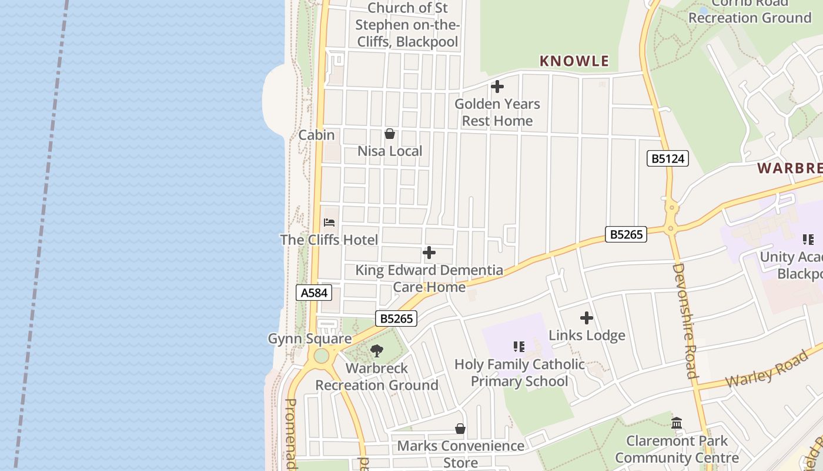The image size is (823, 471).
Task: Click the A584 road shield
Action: point(314,293)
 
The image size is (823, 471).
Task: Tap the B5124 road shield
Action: point(667,158)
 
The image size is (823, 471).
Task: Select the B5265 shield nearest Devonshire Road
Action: point(626,234)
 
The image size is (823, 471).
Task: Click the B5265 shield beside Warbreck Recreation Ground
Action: point(396,319)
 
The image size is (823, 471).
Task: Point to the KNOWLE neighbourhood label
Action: point(574,61)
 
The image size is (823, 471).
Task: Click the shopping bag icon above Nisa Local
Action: point(389,134)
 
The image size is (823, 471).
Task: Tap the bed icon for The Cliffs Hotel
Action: point(329,223)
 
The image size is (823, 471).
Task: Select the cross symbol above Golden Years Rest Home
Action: point(497,87)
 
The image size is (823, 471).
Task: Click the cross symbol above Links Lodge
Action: point(587,319)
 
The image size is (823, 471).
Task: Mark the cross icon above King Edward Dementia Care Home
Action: point(429,253)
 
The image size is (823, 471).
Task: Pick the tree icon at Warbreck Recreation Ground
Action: point(377,351)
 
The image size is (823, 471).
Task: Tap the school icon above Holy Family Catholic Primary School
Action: point(518,347)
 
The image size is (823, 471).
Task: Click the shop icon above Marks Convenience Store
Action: point(460,429)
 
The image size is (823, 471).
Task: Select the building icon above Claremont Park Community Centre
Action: point(677,423)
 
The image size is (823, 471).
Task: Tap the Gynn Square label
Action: point(310,339)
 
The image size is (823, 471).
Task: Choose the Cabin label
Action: point(316,135)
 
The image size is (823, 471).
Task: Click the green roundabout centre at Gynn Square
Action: point(321,356)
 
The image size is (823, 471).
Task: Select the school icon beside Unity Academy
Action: point(808,240)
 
